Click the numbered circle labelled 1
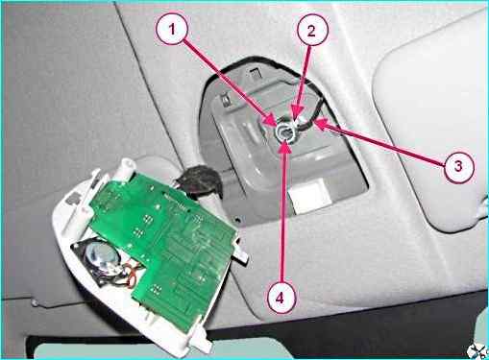(172, 30)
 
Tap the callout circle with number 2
(311, 31)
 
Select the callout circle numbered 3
(458, 166)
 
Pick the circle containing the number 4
(281, 299)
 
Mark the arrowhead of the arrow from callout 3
(315, 121)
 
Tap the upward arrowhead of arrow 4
(285, 144)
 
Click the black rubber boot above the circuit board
(199, 180)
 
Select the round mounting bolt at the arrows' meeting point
(284, 132)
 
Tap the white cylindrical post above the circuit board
(126, 170)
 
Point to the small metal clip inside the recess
(227, 100)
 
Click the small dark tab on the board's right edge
(241, 253)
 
